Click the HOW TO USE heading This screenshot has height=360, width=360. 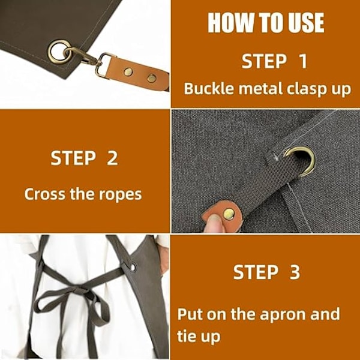(x=266, y=23)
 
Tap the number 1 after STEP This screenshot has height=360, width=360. (x=303, y=61)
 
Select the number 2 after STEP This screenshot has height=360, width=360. (x=112, y=158)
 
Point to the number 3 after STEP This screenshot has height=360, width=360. (x=295, y=272)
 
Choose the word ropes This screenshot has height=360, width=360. (x=121, y=196)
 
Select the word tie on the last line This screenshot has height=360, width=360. (x=186, y=336)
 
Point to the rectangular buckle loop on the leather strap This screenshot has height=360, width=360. (x=104, y=65)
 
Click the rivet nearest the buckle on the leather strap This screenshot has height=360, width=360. (x=128, y=72)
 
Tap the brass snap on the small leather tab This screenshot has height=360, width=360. (x=229, y=214)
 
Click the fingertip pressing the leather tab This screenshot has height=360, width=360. (x=214, y=224)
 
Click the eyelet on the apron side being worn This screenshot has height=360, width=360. (x=133, y=267)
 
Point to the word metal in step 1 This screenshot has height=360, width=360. (x=260, y=88)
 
